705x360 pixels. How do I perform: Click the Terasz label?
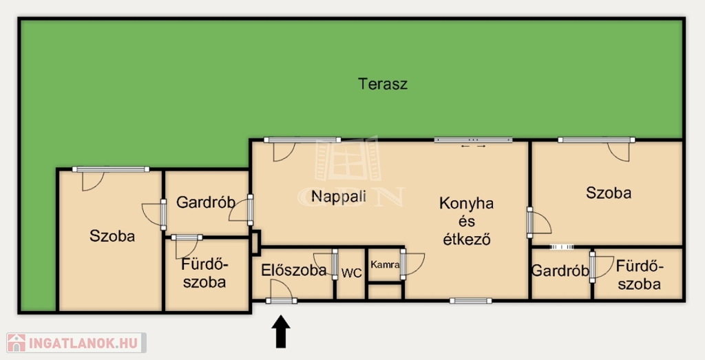(383, 84)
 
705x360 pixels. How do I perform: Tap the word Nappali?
(339, 196)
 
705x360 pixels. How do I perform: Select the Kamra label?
(385, 265)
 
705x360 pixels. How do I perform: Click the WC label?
(351, 273)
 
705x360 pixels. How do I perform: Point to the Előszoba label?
(293, 270)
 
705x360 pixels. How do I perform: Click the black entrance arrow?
(281, 331)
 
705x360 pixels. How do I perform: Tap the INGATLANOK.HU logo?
(76, 343)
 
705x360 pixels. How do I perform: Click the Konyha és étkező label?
(466, 221)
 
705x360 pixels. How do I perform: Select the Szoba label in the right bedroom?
(609, 193)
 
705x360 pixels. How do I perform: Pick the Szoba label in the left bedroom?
(112, 236)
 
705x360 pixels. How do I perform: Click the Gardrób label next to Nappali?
(205, 202)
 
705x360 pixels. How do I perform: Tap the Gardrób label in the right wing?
(560, 271)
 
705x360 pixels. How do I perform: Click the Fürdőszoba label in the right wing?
(639, 275)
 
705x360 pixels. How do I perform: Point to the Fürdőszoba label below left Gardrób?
(204, 273)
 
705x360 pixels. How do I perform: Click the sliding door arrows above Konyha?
(474, 146)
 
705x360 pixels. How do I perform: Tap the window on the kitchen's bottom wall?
(470, 301)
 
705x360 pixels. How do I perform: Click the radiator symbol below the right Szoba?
(562, 246)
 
